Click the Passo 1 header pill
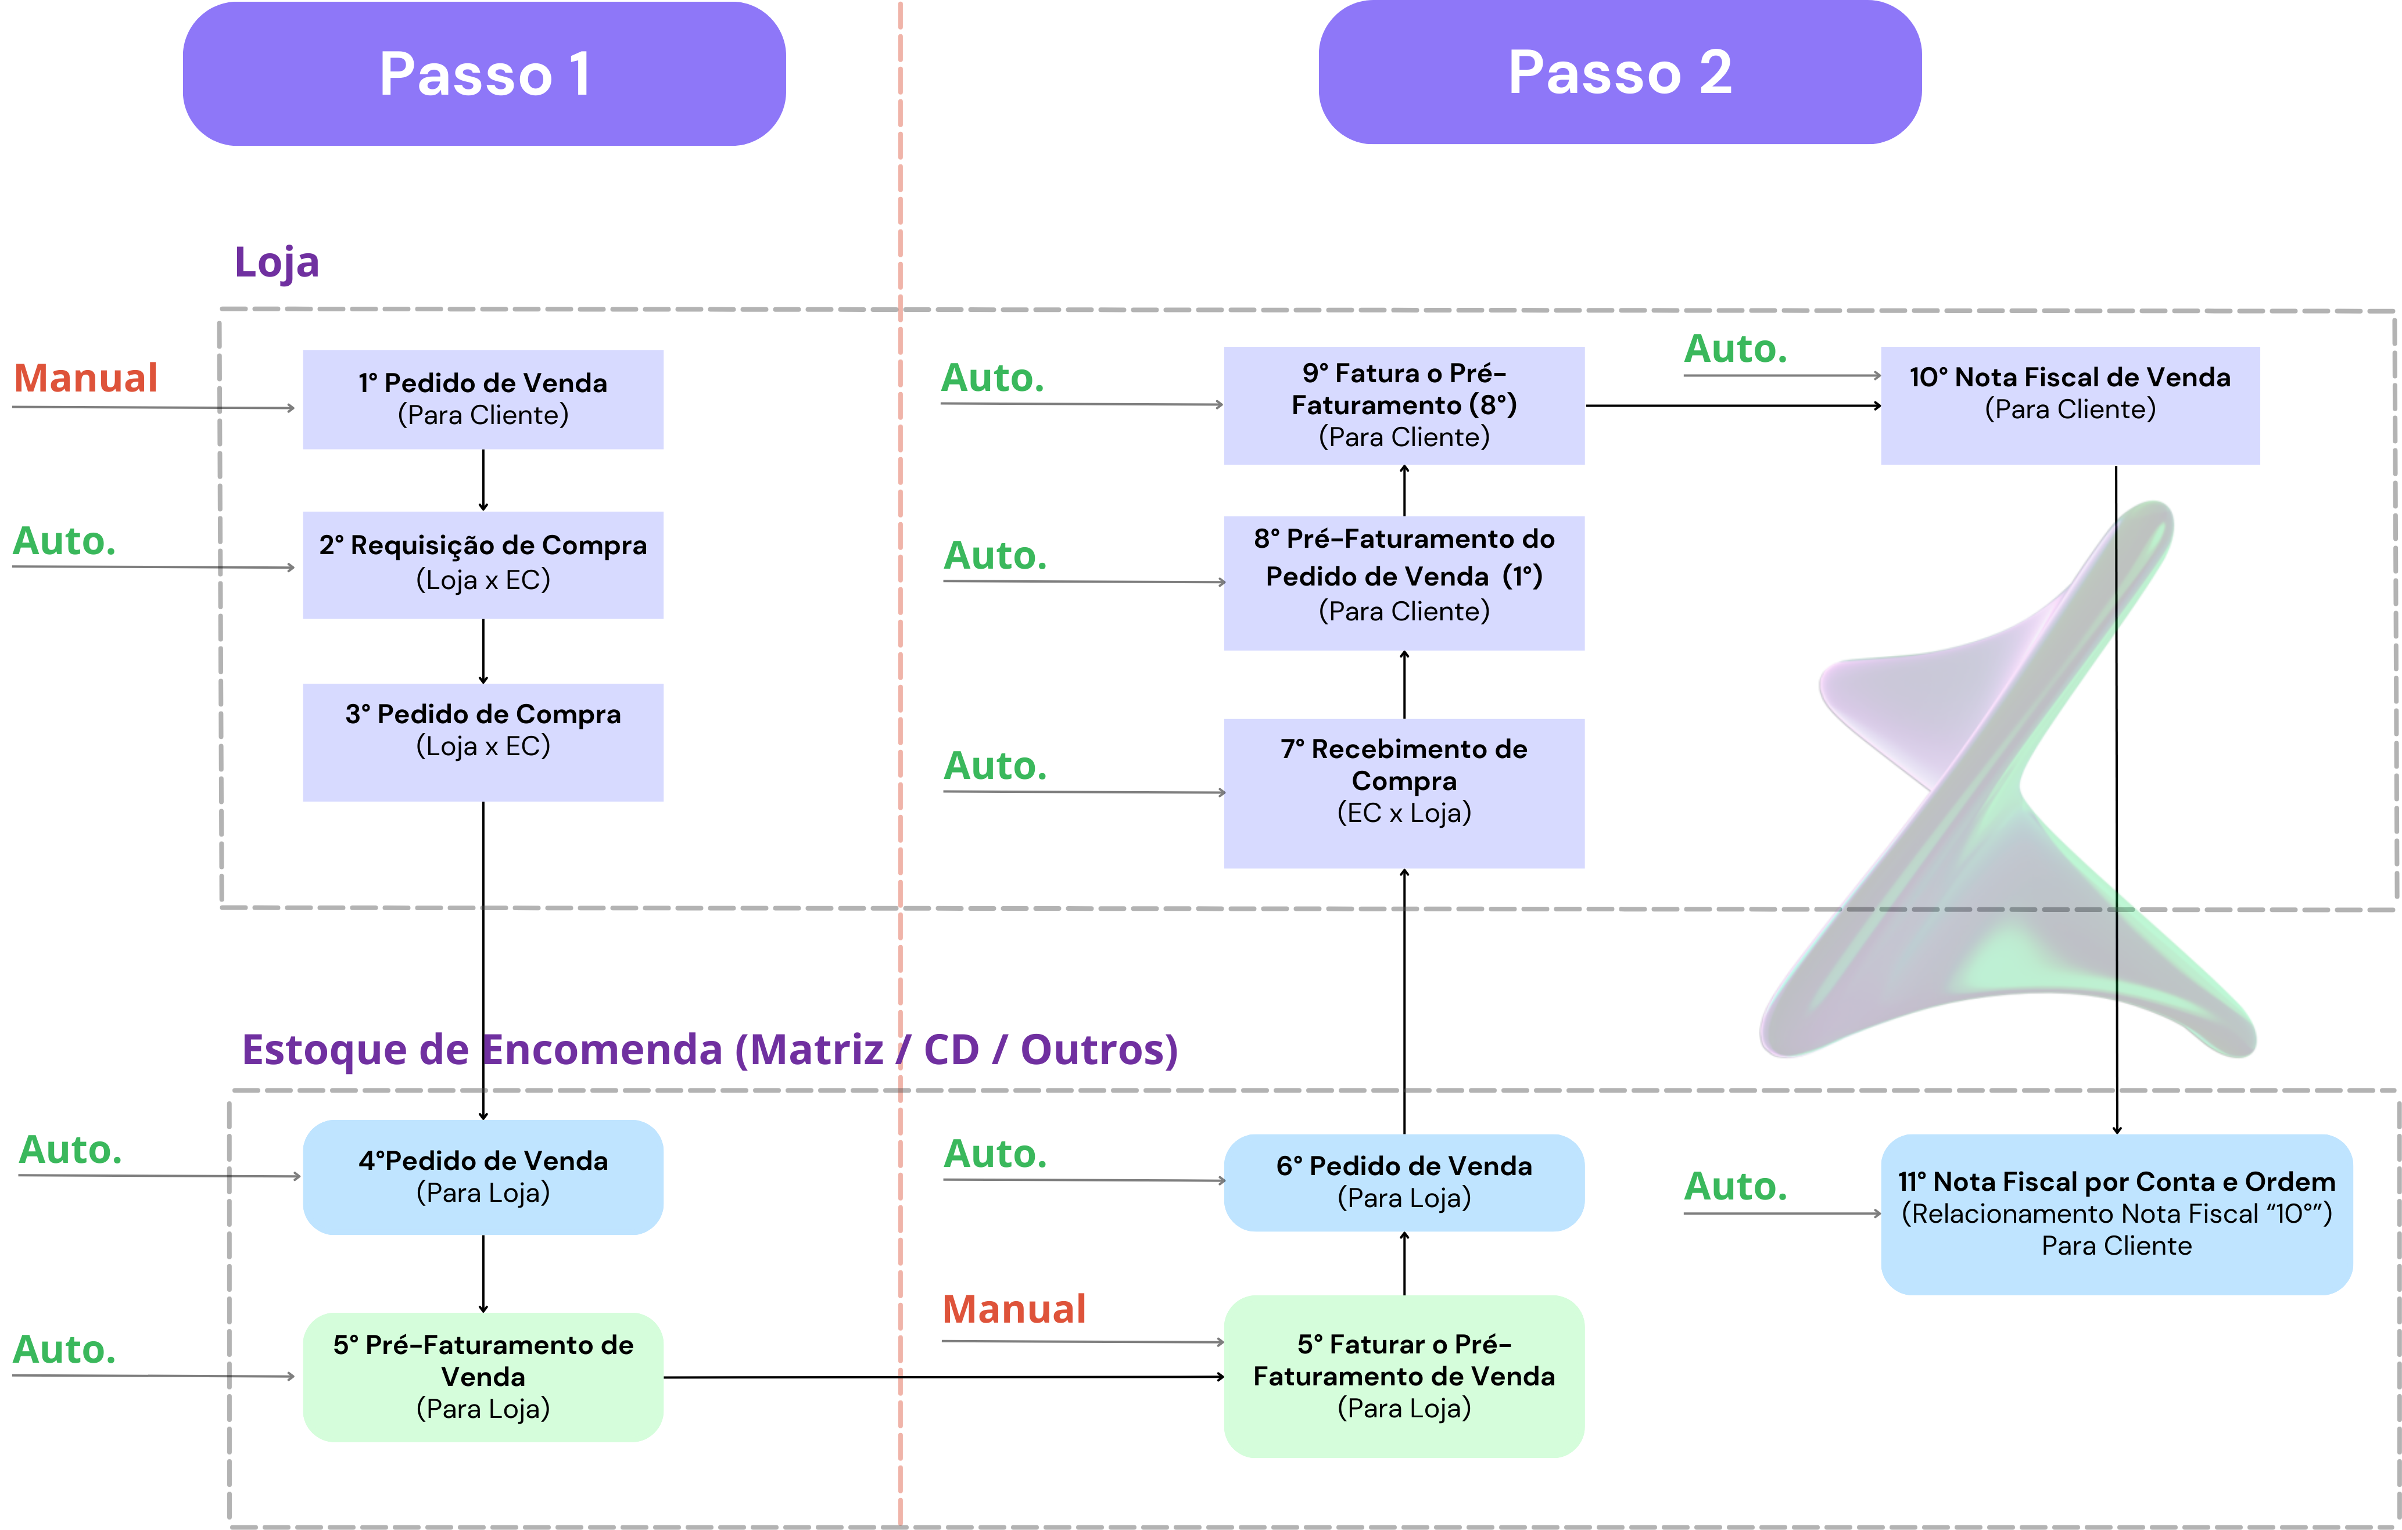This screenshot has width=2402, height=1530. point(484,74)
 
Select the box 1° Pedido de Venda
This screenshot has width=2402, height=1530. point(483,399)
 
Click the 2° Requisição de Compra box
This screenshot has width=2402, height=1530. point(483,565)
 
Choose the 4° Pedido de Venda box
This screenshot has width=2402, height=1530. point(483,1177)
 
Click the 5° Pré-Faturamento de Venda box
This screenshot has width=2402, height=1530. point(483,1377)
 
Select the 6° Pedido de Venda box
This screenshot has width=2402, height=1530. point(1404,1182)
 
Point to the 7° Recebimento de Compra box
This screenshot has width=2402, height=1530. point(1404,793)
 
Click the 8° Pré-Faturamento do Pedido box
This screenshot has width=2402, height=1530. point(1404,583)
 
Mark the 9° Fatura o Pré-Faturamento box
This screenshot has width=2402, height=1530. point(1404,405)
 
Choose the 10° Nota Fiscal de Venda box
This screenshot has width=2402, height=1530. point(2070,405)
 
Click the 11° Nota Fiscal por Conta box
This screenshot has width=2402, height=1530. point(2116,1214)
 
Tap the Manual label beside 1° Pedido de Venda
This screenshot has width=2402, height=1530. point(86,378)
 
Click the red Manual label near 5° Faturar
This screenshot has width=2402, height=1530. point(1013,1309)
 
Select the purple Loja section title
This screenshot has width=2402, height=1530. point(277,263)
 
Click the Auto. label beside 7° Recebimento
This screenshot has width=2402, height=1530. point(995,766)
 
